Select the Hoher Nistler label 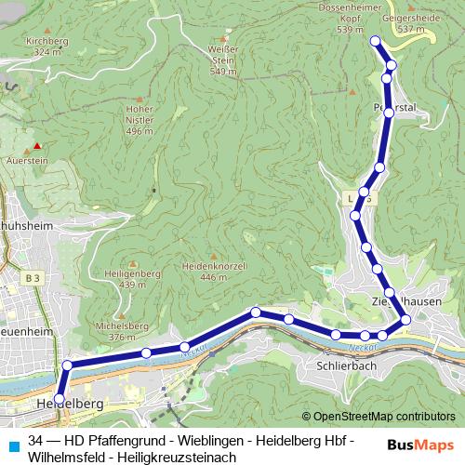tap(139, 119)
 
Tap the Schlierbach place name tap(346, 365)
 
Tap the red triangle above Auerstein tap(37, 146)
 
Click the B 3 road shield tap(33, 277)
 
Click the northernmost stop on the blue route tap(376, 41)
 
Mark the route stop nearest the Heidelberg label tap(60, 399)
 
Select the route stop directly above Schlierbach tap(336, 334)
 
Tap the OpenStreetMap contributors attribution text tap(384, 416)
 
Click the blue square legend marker tap(11, 442)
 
